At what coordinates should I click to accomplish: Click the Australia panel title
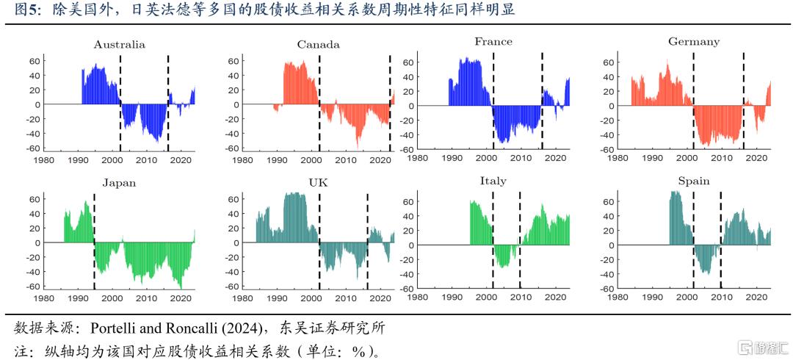[119, 45]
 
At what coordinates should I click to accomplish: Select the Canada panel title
[318, 45]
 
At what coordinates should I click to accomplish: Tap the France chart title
[493, 42]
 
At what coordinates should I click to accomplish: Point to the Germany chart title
[693, 42]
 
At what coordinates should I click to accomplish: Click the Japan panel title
[119, 183]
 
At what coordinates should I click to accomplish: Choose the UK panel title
[318, 183]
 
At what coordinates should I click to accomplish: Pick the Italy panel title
[493, 181]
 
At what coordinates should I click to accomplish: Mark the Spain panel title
[693, 181]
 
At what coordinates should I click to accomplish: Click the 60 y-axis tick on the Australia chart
[34, 61]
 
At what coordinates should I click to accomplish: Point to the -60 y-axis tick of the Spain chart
[606, 289]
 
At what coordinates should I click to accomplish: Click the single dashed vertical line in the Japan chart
[94, 242]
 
